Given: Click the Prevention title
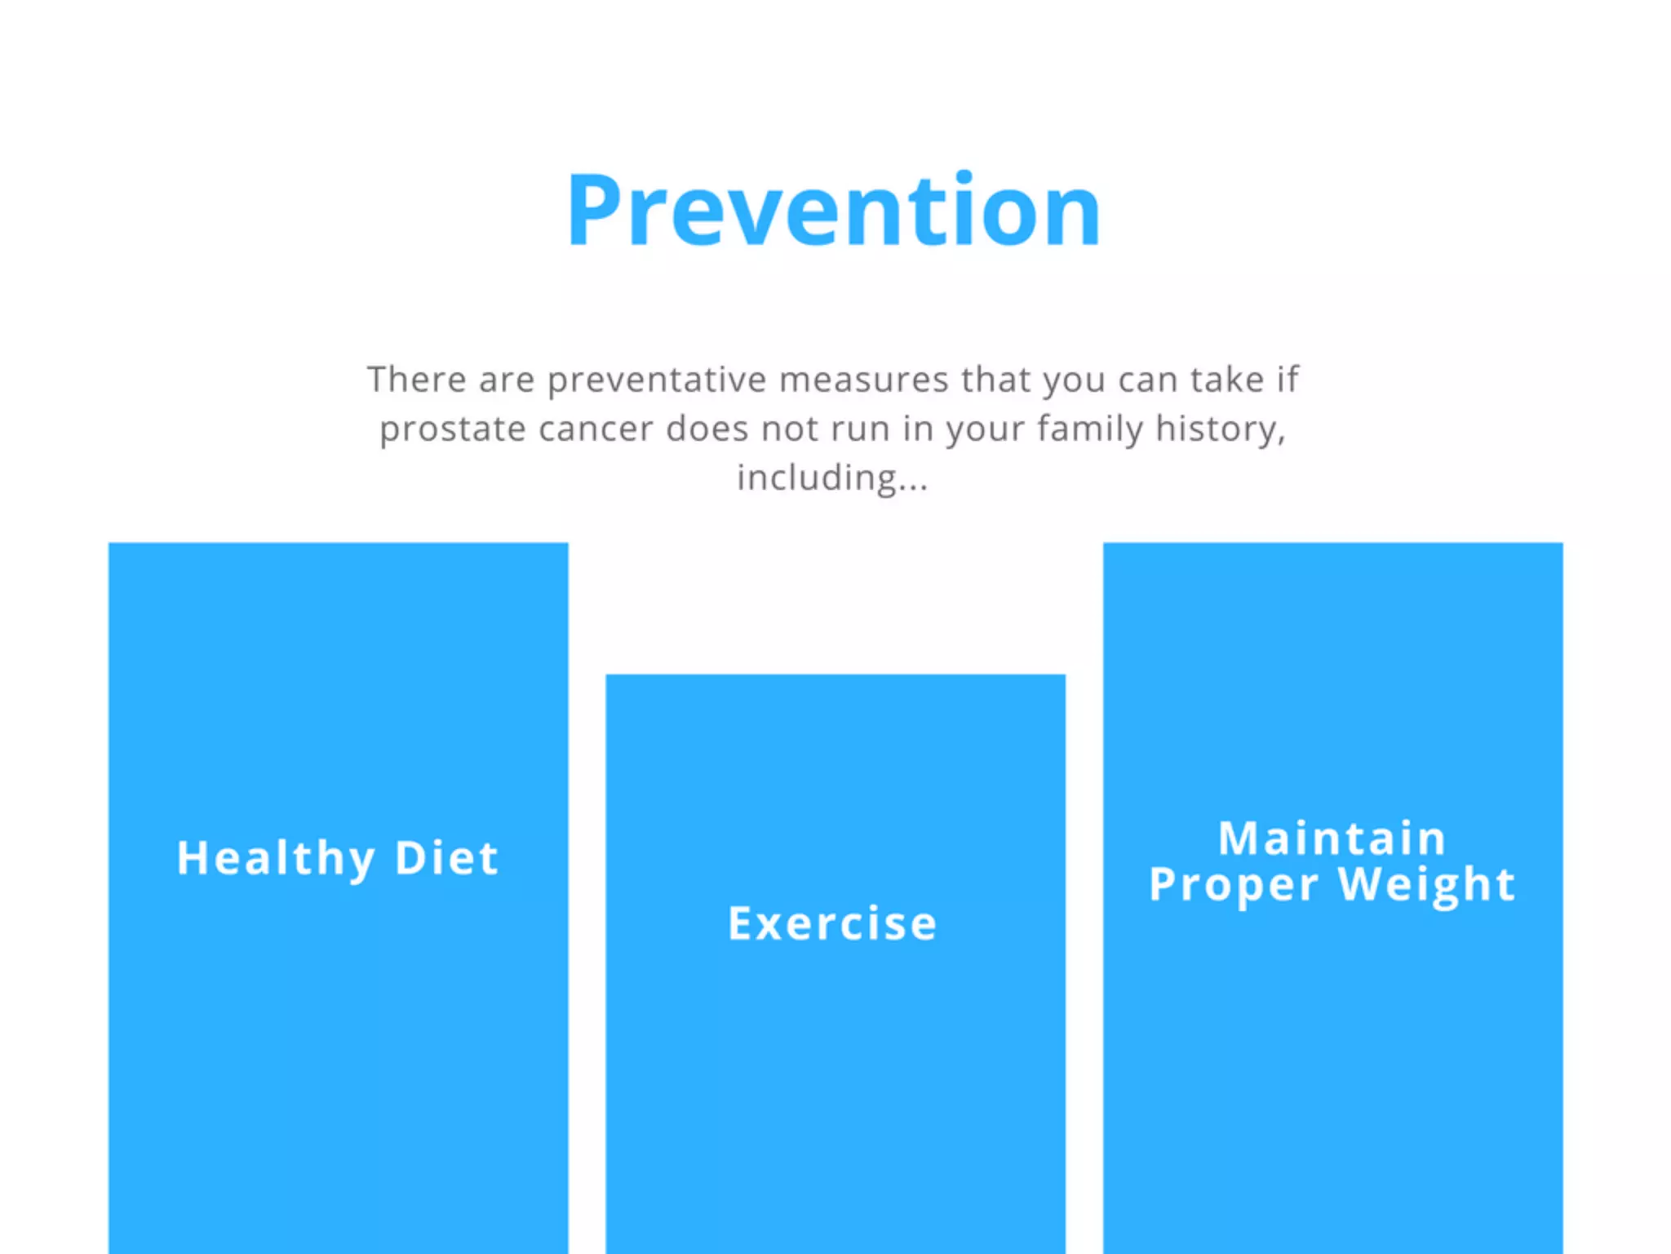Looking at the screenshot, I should (x=834, y=211).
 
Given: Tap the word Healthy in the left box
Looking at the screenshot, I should (x=276, y=859).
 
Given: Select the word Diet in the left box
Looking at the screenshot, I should (x=446, y=858).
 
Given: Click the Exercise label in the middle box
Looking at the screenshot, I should (x=832, y=923).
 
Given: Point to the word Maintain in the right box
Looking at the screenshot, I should (x=1332, y=838).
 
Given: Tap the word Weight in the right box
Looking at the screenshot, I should (x=1427, y=884).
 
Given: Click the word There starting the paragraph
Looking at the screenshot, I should (x=416, y=380).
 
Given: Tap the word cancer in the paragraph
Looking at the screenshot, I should (x=596, y=429).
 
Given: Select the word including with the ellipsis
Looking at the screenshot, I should (x=832, y=478).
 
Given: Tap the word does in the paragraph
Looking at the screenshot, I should (x=707, y=429).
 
